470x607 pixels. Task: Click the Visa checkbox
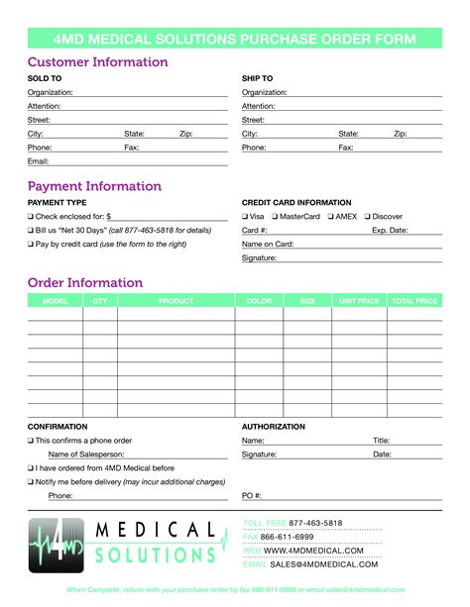click(245, 216)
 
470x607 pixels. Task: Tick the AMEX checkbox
click(329, 216)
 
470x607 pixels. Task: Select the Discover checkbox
click(368, 216)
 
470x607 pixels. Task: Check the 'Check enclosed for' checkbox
click(31, 216)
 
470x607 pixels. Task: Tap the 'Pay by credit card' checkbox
click(31, 244)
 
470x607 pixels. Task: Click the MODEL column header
click(55, 300)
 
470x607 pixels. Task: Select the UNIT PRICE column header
click(359, 300)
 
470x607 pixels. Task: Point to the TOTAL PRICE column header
click(414, 300)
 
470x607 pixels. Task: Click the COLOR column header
click(259, 300)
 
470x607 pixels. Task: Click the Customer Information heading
click(98, 62)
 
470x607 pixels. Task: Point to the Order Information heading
click(85, 282)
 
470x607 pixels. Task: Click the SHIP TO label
click(257, 78)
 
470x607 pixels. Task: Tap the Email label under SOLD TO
click(39, 160)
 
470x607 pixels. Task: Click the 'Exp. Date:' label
click(390, 230)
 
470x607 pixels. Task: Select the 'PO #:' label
click(251, 495)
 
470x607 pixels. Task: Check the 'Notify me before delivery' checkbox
click(31, 481)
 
